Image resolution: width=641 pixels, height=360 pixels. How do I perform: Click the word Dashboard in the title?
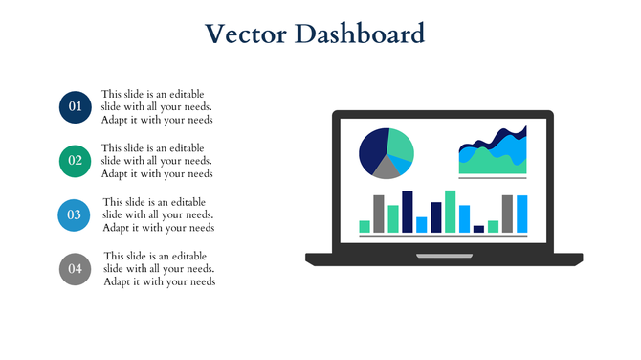(359, 34)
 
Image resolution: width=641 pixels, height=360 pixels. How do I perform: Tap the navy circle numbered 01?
(74, 106)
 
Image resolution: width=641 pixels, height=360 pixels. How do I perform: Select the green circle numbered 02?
(74, 160)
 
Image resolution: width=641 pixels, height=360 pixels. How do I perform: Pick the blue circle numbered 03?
(74, 214)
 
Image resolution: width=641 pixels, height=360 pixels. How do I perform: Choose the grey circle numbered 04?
(74, 268)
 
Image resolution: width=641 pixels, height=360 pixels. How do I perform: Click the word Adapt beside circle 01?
(117, 121)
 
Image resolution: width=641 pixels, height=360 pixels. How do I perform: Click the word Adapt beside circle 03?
(119, 228)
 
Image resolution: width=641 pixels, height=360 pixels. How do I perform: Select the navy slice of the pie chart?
(372, 148)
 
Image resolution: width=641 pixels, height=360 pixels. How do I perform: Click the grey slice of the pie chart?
(387, 169)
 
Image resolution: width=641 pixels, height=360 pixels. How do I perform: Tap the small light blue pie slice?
(405, 165)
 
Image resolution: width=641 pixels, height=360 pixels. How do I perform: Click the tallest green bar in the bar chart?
(451, 212)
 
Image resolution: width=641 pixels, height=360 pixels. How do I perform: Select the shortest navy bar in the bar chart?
(479, 229)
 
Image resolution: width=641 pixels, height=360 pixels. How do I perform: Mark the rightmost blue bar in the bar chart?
(522, 214)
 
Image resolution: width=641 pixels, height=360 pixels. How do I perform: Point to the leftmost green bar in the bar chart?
(365, 227)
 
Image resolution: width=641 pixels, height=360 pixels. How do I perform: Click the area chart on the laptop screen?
(493, 153)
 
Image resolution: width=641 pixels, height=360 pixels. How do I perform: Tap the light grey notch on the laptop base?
(444, 257)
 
